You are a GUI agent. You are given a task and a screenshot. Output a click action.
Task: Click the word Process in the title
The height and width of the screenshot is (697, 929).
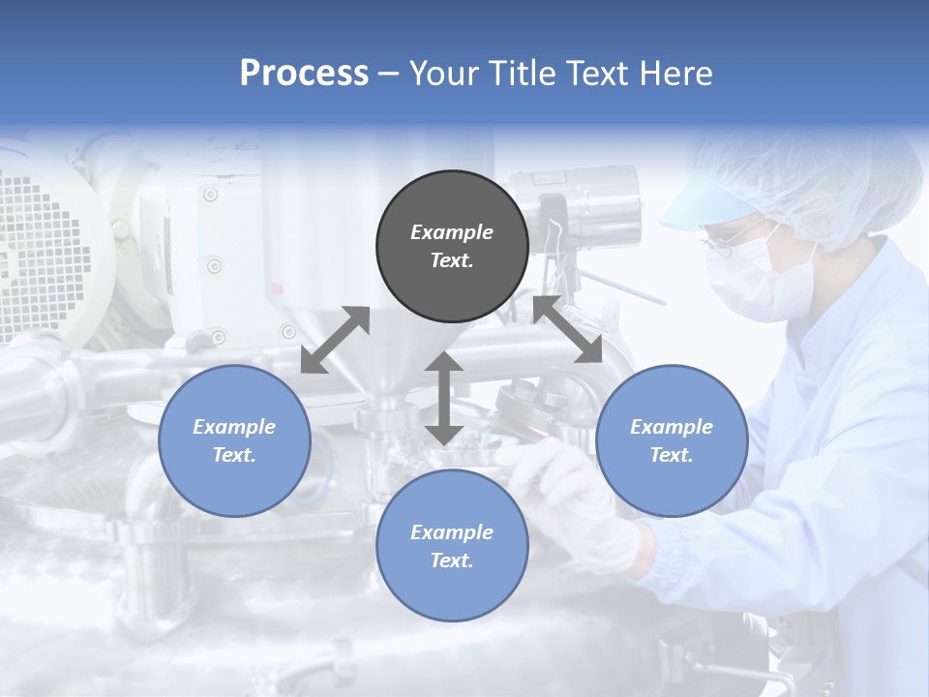click(304, 74)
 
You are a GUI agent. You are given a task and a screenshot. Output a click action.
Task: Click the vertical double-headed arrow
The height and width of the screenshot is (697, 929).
click(444, 398)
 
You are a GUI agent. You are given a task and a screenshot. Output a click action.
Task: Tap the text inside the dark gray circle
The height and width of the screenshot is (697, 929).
click(452, 246)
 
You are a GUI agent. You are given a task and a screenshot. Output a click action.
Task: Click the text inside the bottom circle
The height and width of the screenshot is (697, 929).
click(452, 546)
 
